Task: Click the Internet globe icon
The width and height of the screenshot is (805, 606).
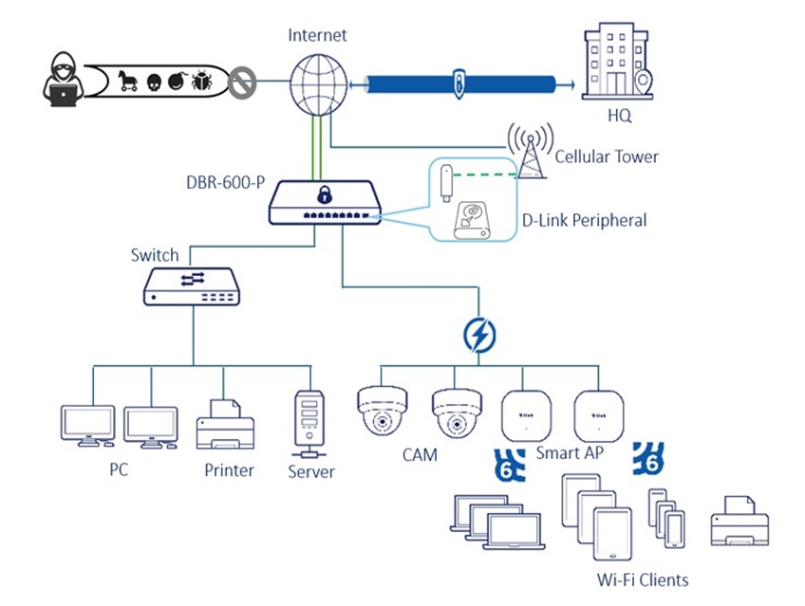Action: pos(317,82)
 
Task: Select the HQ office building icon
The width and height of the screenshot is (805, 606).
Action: pos(618,62)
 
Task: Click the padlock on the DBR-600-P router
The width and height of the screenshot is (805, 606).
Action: pos(325,195)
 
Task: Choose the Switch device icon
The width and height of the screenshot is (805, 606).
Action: pos(192,285)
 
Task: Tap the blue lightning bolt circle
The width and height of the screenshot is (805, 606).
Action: pos(478,335)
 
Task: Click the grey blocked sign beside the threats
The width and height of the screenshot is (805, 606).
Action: pos(243,83)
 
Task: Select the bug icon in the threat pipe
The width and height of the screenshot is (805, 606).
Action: pos(201,82)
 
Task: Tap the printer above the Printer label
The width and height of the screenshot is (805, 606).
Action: pos(224,425)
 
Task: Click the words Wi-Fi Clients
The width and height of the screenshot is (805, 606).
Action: pos(642,578)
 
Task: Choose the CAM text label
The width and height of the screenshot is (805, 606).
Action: pos(420,455)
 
